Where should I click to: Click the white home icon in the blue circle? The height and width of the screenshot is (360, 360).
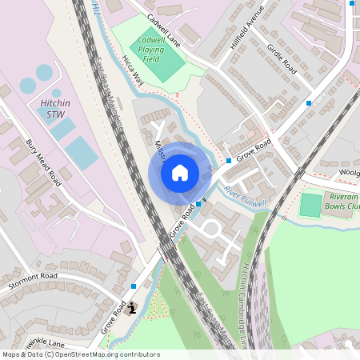pos(180,172)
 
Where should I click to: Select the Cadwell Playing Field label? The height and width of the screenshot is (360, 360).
pos(150,49)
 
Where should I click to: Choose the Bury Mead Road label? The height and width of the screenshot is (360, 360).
pos(43,162)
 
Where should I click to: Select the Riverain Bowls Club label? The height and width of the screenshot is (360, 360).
pos(333,201)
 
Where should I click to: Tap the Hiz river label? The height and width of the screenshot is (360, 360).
pos(96,7)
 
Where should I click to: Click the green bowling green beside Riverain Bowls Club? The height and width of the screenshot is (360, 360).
pos(310,205)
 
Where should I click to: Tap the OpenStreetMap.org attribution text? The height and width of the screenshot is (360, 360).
pos(104,354)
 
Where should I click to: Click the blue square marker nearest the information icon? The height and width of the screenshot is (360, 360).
pos(133,286)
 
